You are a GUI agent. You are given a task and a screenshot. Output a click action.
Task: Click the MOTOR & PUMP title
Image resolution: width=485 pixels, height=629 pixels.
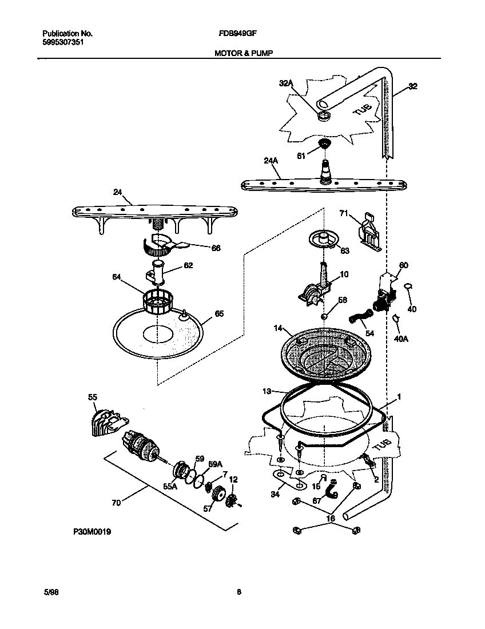point(243,53)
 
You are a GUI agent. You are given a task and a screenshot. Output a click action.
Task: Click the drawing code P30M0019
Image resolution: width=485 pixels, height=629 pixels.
point(92,532)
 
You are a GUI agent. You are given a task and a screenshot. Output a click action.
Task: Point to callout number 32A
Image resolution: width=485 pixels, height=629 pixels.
point(285,83)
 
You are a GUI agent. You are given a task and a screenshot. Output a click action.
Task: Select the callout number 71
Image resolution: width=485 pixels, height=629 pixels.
point(343,213)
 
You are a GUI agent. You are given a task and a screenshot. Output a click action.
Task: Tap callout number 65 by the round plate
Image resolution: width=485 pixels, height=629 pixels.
point(218,314)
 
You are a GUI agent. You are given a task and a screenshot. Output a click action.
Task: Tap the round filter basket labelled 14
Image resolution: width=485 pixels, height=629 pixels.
point(324,355)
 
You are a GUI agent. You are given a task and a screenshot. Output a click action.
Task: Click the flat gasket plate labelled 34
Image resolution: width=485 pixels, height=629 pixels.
point(289,480)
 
